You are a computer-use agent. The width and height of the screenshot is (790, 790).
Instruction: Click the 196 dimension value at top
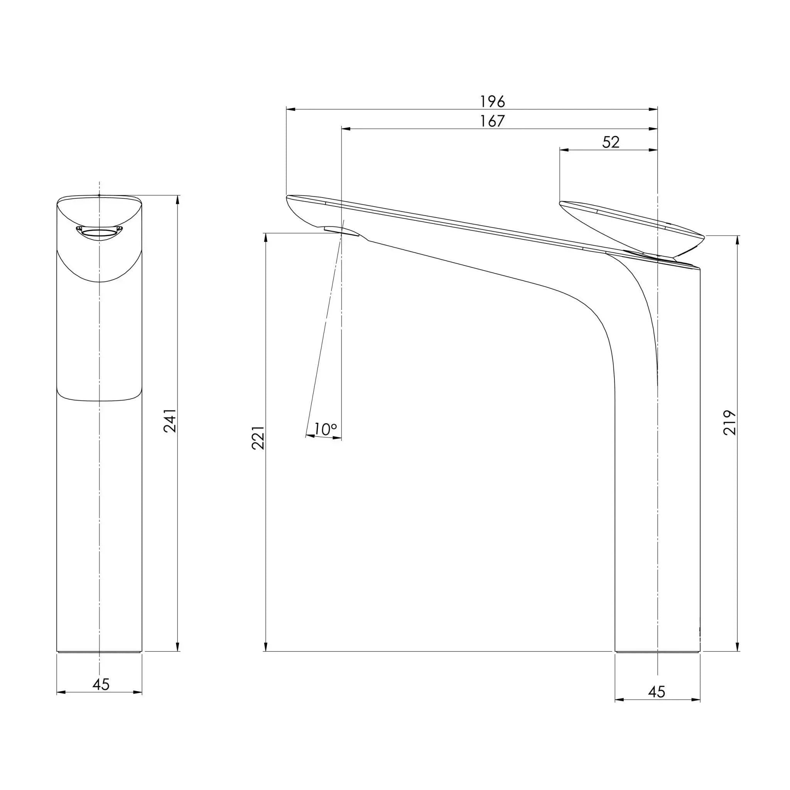click(492, 101)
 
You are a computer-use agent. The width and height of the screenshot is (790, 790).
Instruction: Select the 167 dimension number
click(492, 121)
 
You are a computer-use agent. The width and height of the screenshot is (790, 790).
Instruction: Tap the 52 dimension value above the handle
click(611, 142)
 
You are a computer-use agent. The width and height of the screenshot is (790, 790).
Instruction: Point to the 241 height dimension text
click(170, 421)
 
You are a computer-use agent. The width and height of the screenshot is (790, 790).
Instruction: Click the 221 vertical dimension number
click(258, 437)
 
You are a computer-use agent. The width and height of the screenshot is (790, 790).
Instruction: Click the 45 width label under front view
click(101, 684)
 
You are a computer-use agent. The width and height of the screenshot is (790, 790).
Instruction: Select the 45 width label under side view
click(657, 692)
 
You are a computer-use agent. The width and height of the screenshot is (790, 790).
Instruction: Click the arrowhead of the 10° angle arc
click(338, 438)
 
